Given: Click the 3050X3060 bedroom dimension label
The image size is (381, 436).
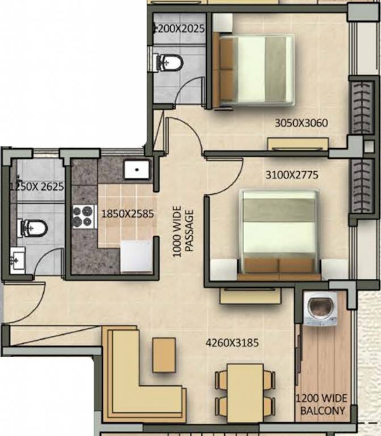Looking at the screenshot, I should (x=301, y=123).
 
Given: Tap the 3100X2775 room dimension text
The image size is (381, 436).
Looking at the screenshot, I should (x=292, y=175).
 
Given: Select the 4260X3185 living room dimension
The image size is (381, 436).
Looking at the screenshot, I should (x=232, y=343).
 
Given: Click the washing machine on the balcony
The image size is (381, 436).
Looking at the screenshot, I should (x=320, y=309).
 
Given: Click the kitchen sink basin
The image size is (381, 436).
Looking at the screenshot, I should (x=136, y=169).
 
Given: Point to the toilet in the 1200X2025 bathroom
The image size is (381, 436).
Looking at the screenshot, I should (x=169, y=61).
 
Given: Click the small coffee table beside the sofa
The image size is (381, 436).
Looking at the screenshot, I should (x=164, y=355).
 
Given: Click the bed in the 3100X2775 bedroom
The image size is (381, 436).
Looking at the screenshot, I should (x=279, y=233).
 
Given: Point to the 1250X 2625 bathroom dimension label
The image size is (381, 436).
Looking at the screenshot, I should (x=37, y=186).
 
